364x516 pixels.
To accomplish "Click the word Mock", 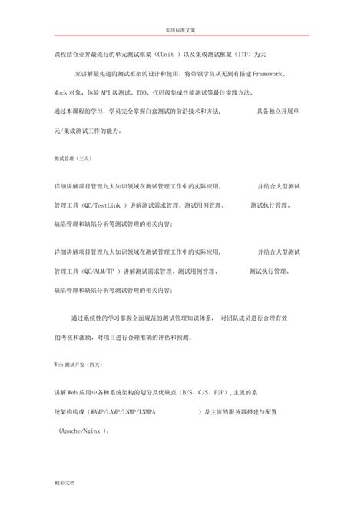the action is tap(61, 92).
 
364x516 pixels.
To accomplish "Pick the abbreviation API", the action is tap(113, 92).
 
